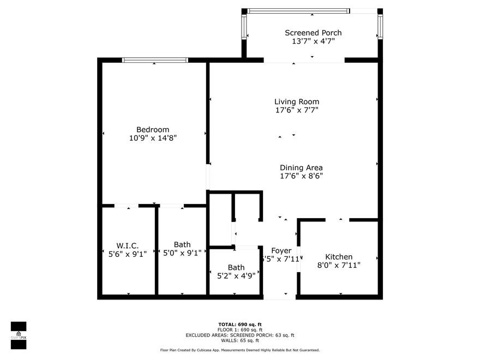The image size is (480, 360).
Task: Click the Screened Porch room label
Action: (x=313, y=33)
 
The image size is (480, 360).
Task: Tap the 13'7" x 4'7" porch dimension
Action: (x=313, y=41)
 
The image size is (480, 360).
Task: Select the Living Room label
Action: (x=296, y=101)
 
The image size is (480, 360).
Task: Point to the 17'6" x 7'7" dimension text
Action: (x=296, y=110)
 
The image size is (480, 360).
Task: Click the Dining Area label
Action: (x=301, y=167)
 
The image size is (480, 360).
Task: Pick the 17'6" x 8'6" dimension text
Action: (x=301, y=176)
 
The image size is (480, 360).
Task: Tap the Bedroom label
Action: (x=153, y=129)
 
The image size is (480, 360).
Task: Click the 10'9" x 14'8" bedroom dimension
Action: (x=153, y=138)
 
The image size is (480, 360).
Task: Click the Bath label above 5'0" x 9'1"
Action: (x=182, y=244)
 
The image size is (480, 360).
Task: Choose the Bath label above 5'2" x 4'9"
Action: (x=236, y=267)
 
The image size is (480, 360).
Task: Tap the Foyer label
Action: (x=281, y=250)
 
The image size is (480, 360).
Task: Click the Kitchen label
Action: (x=339, y=256)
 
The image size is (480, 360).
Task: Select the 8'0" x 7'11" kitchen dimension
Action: (x=339, y=265)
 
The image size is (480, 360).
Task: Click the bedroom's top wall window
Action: (x=155, y=60)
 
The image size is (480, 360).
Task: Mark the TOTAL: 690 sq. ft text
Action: (x=240, y=324)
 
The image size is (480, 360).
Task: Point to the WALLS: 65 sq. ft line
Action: (x=240, y=340)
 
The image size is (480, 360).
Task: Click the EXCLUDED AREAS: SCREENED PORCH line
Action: (x=240, y=335)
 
